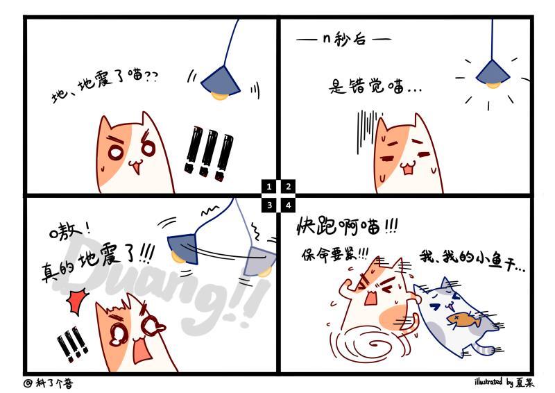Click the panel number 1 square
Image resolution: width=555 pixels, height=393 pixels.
268,186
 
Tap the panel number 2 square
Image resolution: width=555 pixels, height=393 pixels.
289,186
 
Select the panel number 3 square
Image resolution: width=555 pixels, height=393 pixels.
268,206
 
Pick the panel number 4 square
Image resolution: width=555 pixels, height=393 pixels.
289,206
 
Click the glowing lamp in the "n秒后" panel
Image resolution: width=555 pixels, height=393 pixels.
493,75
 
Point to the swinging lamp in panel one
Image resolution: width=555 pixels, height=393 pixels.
221,83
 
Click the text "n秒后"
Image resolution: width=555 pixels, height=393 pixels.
343,39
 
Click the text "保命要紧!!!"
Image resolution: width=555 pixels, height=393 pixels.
335,253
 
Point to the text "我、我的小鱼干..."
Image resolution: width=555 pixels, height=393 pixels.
472,260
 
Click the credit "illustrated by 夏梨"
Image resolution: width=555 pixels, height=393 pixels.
504,382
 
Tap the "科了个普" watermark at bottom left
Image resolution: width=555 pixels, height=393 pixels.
49,383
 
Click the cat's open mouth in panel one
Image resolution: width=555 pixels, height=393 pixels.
135,167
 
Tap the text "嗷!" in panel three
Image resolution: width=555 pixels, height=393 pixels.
69,231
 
